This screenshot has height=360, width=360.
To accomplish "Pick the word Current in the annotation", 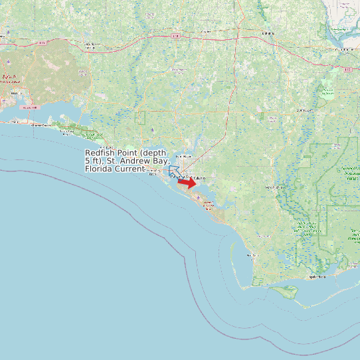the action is (x=132, y=169).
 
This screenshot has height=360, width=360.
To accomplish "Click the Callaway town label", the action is (x=201, y=178).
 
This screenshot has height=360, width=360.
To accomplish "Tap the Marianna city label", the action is (x=267, y=32).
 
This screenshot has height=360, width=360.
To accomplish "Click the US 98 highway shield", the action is (x=29, y=107).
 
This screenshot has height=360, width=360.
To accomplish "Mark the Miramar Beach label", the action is (x=67, y=132).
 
